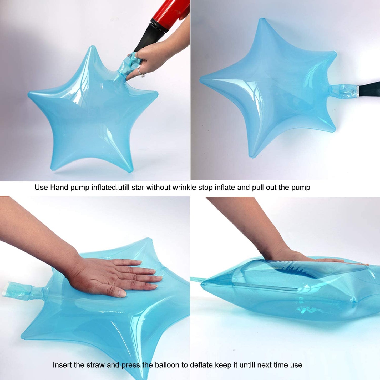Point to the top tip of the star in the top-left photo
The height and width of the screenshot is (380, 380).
[x=92, y=47]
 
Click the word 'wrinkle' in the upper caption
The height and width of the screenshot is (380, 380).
[x=184, y=187]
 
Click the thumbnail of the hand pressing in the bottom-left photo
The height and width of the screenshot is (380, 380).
[x=121, y=294]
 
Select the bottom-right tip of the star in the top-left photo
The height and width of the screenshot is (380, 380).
[x=130, y=170]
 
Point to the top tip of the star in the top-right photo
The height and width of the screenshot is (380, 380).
[x=262, y=19]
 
